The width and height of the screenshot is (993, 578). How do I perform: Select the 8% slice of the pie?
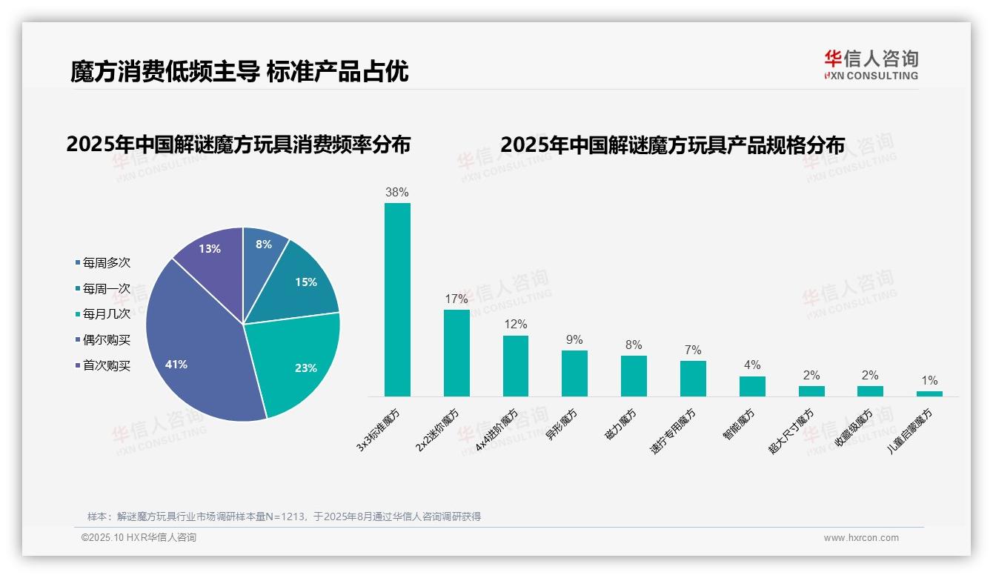[x=262, y=248]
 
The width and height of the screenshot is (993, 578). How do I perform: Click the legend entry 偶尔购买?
[x=106, y=339]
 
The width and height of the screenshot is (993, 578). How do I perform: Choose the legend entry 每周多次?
[x=106, y=262]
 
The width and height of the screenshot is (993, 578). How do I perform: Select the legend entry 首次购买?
[x=106, y=365]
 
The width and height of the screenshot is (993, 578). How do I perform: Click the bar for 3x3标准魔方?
[x=397, y=300]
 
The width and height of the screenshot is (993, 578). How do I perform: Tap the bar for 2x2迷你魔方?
[x=456, y=353]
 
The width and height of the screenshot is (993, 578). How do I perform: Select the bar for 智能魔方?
[x=752, y=386]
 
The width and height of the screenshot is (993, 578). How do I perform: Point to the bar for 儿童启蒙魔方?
[x=929, y=393]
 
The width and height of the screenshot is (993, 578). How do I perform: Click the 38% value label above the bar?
[x=397, y=192]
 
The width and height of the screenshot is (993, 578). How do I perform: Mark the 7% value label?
[x=693, y=350]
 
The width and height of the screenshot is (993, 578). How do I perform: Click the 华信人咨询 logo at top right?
[x=871, y=64]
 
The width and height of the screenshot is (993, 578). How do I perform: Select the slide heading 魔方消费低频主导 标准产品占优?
[x=239, y=72]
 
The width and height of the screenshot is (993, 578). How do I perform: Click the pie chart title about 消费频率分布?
[x=238, y=144]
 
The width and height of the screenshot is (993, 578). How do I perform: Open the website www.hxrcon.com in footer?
[x=860, y=538]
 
